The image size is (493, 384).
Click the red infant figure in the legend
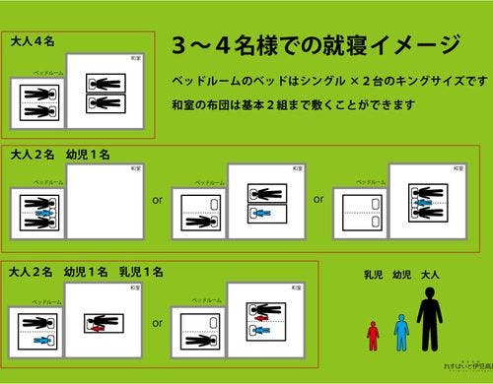373,334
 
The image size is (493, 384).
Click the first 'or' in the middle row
157,200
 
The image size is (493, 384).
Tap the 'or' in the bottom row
157,321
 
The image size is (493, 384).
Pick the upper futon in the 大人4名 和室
106,84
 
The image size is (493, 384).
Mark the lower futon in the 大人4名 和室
106,103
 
